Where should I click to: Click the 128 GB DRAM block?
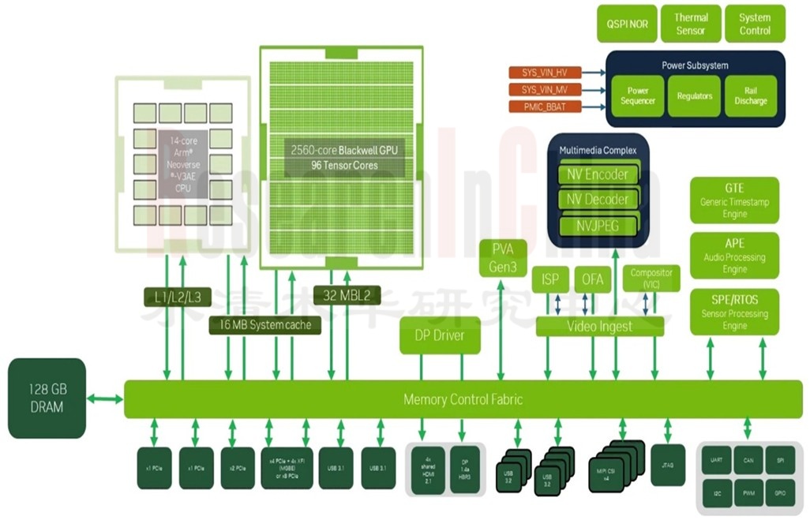[x=47, y=398]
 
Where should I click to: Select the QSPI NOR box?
[x=628, y=24]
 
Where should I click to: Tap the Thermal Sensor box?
[x=691, y=24]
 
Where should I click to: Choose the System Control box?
[x=755, y=24]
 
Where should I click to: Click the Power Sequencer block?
[x=637, y=96]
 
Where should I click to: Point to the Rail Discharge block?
[x=750, y=96]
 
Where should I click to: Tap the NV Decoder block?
[x=597, y=200]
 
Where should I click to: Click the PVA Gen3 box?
[x=504, y=258]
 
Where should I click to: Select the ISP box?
[x=550, y=279]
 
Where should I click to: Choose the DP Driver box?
[x=440, y=335]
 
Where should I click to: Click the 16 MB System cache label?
[x=264, y=324]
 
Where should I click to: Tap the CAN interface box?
[x=748, y=460]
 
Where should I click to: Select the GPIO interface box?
[x=780, y=492]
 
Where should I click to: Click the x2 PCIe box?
[x=238, y=468]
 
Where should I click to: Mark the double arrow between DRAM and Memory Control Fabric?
[x=105, y=399]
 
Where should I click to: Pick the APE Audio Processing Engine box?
[x=734, y=256]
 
